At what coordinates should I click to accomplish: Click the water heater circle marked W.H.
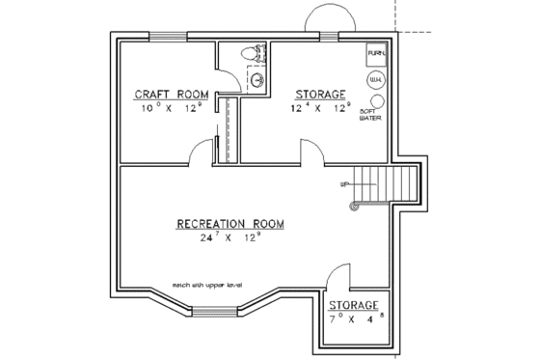tap(375, 80)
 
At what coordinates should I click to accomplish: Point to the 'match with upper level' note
tap(208, 286)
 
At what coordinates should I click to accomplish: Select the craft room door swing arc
tap(201, 152)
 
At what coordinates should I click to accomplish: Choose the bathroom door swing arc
tap(228, 59)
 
